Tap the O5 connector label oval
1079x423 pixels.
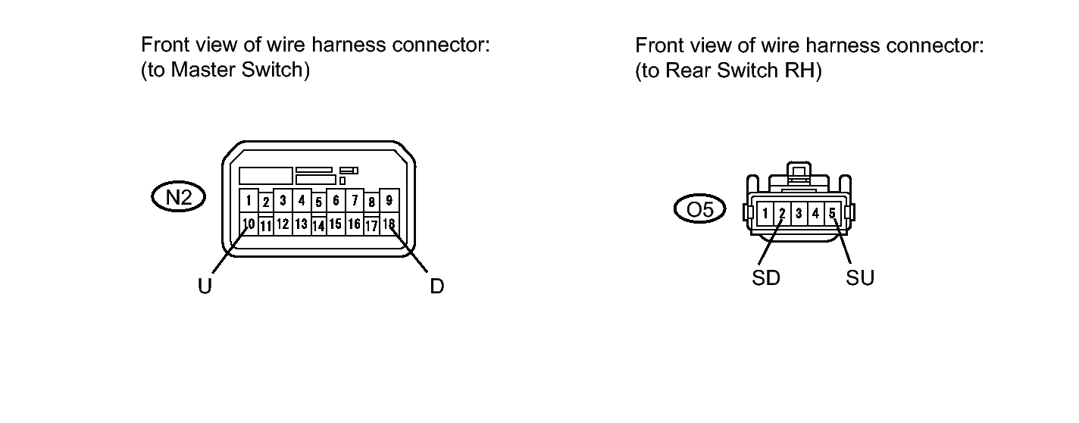699,208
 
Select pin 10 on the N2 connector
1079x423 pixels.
248,224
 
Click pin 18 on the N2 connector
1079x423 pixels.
389,224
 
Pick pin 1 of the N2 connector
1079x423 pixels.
248,201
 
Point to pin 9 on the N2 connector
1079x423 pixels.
389,201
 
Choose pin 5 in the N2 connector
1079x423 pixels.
319,202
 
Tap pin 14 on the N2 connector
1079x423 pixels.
319,225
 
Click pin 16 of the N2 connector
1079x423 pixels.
354,224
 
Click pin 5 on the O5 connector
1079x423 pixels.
831,214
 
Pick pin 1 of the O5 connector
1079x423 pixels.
766,214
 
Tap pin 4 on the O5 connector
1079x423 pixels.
815,214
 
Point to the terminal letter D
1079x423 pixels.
436,287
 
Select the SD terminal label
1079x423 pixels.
765,278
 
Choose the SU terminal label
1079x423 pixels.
860,278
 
